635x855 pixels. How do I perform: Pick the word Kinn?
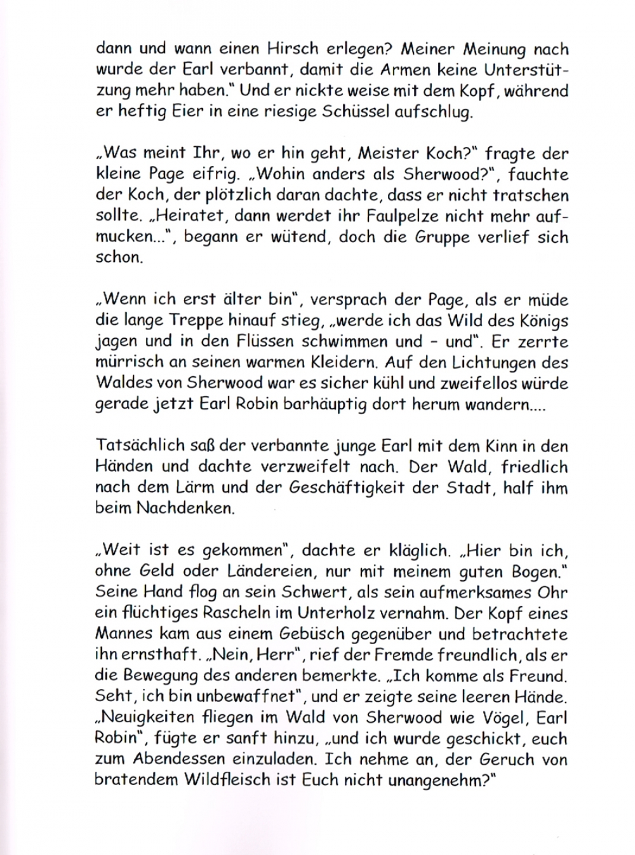pyautogui.click(x=505, y=446)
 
